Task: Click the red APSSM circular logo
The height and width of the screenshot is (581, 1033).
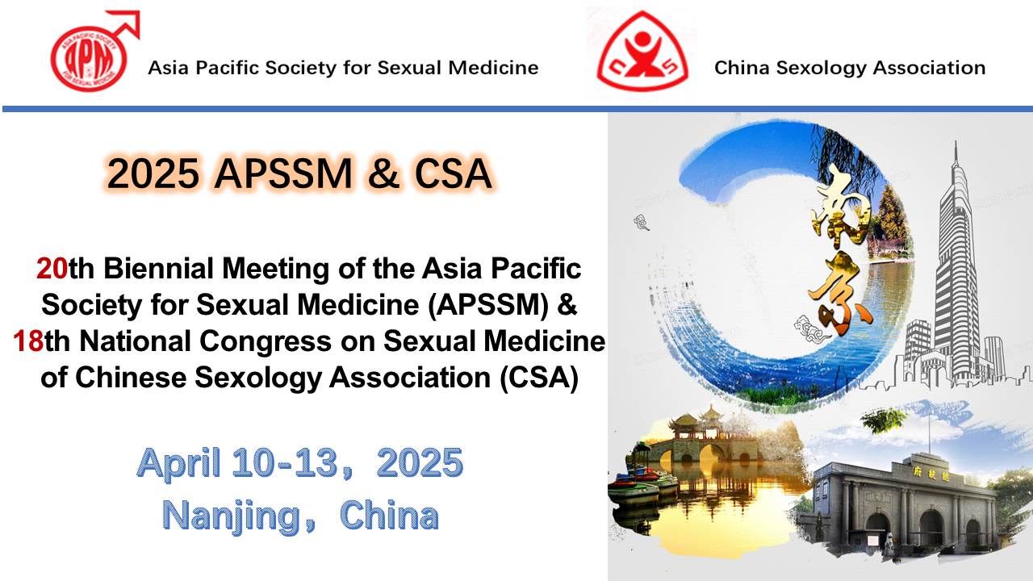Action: tap(89, 59)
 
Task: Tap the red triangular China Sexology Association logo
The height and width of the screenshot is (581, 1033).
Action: tap(642, 51)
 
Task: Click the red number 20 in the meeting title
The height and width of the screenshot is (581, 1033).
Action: tap(52, 269)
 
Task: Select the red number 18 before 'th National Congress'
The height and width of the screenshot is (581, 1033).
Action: tap(28, 341)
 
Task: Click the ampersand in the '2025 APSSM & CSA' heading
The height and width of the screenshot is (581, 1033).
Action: tap(383, 173)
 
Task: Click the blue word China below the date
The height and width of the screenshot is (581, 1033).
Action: tap(389, 515)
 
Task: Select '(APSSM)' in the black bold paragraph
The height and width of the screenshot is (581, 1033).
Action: tap(488, 305)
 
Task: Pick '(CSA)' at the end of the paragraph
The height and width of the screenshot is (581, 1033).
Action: tap(540, 378)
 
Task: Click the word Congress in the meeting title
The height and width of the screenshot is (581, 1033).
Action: tap(266, 342)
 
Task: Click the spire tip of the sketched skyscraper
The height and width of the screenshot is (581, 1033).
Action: tap(956, 142)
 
